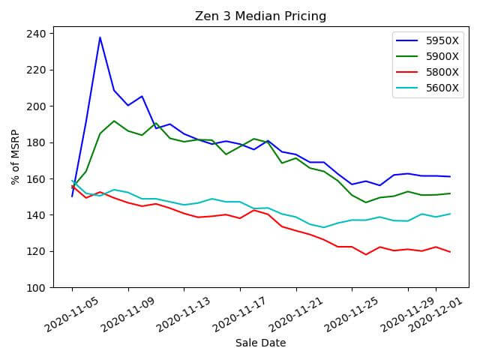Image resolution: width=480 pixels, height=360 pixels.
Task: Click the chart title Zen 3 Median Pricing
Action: (x=260, y=16)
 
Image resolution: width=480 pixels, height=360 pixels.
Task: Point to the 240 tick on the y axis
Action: (x=37, y=34)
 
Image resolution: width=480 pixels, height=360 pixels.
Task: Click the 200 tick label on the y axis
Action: (x=37, y=106)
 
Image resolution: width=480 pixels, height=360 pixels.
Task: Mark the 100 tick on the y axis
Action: (x=37, y=287)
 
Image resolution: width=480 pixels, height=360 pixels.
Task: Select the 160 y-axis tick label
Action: (x=37, y=178)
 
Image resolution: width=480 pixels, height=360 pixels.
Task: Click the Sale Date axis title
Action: (x=260, y=343)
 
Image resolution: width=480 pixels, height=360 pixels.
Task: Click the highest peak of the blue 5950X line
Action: (x=100, y=37)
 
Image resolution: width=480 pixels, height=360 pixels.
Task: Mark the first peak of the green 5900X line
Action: (x=114, y=121)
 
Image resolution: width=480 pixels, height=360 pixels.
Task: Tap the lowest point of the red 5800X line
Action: (x=366, y=254)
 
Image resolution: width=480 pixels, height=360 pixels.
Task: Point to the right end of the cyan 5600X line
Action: (x=450, y=214)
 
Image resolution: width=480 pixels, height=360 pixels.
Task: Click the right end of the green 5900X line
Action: (x=450, y=193)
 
